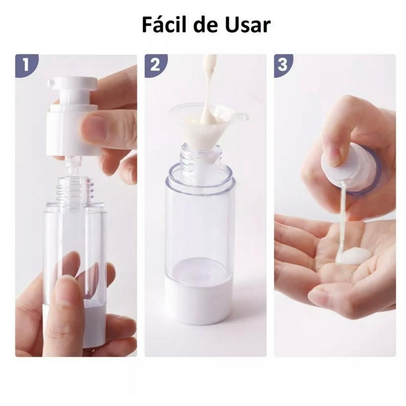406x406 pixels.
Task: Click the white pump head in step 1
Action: point(72,117)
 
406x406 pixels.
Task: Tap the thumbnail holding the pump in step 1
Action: point(94,128)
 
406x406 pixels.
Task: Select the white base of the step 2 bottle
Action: point(197,293)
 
